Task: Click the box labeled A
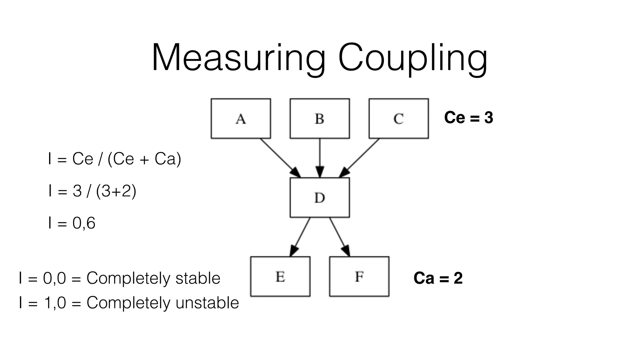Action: pyautogui.click(x=241, y=118)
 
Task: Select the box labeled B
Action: pyautogui.click(x=320, y=118)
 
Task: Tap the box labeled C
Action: pyautogui.click(x=398, y=118)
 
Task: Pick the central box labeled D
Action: pyautogui.click(x=320, y=197)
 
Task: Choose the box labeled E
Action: pyautogui.click(x=280, y=277)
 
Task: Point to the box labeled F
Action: pyautogui.click(x=359, y=277)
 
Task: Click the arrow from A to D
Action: pyautogui.click(x=280, y=157)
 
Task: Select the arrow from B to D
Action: pyautogui.click(x=320, y=157)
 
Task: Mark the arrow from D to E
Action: pyautogui.click(x=300, y=237)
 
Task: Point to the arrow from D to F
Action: pyautogui.click(x=339, y=237)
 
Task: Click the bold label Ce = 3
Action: pyautogui.click(x=468, y=118)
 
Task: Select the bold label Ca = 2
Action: pyautogui.click(x=438, y=278)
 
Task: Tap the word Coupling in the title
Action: pyautogui.click(x=412, y=59)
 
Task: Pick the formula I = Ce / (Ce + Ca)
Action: pyautogui.click(x=114, y=159)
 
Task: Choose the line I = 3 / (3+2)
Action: pyautogui.click(x=92, y=191)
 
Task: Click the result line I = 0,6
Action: pyautogui.click(x=72, y=223)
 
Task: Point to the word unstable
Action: pyautogui.click(x=207, y=302)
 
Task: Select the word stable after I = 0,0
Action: pyautogui.click(x=198, y=278)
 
